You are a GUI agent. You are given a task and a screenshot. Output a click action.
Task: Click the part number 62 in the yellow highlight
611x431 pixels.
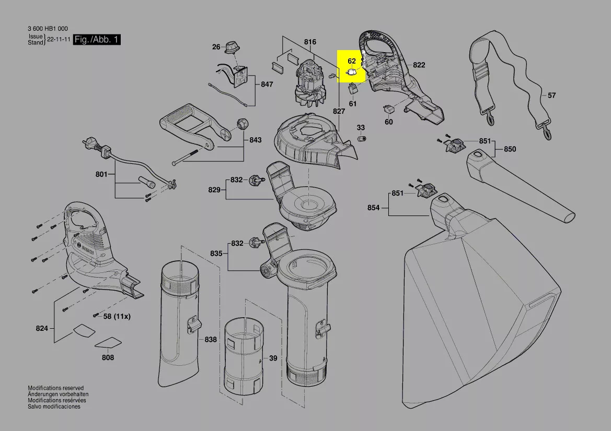[x=352, y=61]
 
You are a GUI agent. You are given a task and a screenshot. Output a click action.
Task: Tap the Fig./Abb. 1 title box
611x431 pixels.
[x=97, y=40]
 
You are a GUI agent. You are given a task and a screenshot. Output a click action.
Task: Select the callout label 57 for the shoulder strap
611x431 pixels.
[x=552, y=95]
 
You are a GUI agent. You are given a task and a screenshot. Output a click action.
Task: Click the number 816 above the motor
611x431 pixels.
[x=310, y=42]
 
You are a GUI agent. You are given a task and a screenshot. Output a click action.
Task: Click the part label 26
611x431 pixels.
[x=216, y=47]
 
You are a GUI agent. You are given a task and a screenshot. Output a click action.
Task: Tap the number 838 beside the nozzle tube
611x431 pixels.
[x=210, y=339]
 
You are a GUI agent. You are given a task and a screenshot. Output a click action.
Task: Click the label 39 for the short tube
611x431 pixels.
[x=273, y=358]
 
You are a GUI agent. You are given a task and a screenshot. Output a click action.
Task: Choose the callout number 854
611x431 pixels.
[x=373, y=207]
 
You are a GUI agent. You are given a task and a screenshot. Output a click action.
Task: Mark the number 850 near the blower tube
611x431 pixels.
[x=510, y=149]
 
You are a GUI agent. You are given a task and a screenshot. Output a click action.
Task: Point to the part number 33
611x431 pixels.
[x=361, y=127]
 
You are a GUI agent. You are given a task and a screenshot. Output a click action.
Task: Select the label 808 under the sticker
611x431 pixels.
[x=108, y=357]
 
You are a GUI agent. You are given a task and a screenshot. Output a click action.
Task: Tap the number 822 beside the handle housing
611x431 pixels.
[x=419, y=65]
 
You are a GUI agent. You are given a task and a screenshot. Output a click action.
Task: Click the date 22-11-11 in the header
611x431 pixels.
[x=59, y=40]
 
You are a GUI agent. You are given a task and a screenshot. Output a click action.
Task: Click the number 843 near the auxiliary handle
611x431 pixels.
[x=255, y=140]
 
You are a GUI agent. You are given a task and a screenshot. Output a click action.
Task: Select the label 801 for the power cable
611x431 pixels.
[x=101, y=174]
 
